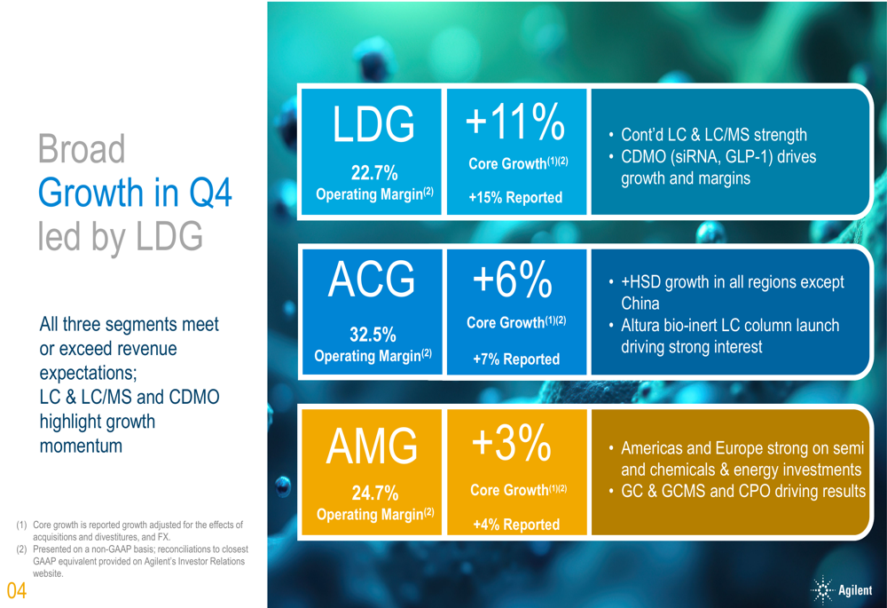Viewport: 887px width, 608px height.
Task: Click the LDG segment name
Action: click(x=373, y=125)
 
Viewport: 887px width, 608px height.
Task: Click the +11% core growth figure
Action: click(x=515, y=122)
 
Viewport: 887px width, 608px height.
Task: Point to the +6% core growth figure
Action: click(x=515, y=280)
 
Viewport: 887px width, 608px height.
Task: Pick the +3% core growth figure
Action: click(x=515, y=443)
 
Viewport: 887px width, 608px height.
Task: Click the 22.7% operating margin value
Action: click(x=373, y=173)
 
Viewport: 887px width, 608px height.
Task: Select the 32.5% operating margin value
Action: click(x=373, y=335)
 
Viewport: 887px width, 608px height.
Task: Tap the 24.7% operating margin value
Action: click(x=373, y=494)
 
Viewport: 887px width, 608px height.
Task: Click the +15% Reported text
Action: click(x=515, y=197)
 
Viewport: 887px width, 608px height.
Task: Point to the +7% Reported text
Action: click(x=515, y=359)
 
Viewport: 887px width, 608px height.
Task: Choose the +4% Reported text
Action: click(x=515, y=524)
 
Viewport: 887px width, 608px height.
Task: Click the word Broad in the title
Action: click(x=82, y=150)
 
